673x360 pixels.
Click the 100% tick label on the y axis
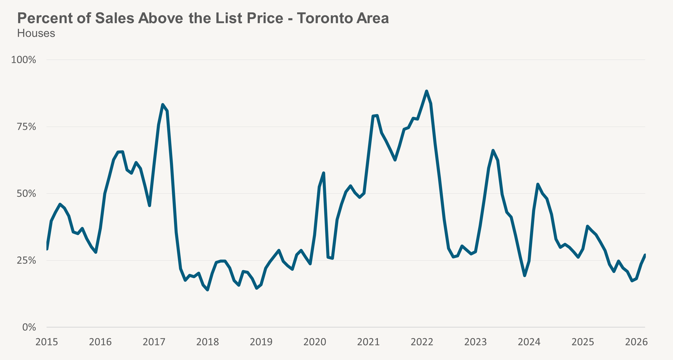pyautogui.click(x=24, y=60)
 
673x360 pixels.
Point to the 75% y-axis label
pyautogui.click(x=26, y=127)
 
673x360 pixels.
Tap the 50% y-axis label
pyautogui.click(x=26, y=194)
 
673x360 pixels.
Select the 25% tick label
pyautogui.click(x=26, y=260)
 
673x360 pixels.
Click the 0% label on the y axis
pyautogui.click(x=29, y=327)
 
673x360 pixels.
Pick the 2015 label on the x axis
pyautogui.click(x=47, y=342)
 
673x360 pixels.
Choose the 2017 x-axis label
pyautogui.click(x=154, y=342)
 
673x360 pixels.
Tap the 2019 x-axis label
pyautogui.click(x=261, y=342)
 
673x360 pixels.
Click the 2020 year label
pyautogui.click(x=315, y=342)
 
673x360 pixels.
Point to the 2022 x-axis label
pyautogui.click(x=422, y=342)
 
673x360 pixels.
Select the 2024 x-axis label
pyautogui.click(x=529, y=342)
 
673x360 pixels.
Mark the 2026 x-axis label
pyautogui.click(x=636, y=342)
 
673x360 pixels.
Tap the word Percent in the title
pyautogui.click(x=45, y=18)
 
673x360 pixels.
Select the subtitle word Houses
pyautogui.click(x=36, y=34)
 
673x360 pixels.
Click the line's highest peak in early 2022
pyautogui.click(x=426, y=91)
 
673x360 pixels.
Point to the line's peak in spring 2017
pyautogui.click(x=163, y=104)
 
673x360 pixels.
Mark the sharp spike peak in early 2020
pyautogui.click(x=323, y=173)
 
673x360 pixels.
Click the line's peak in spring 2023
pyautogui.click(x=493, y=150)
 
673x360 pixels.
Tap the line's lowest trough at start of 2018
pyautogui.click(x=208, y=290)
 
